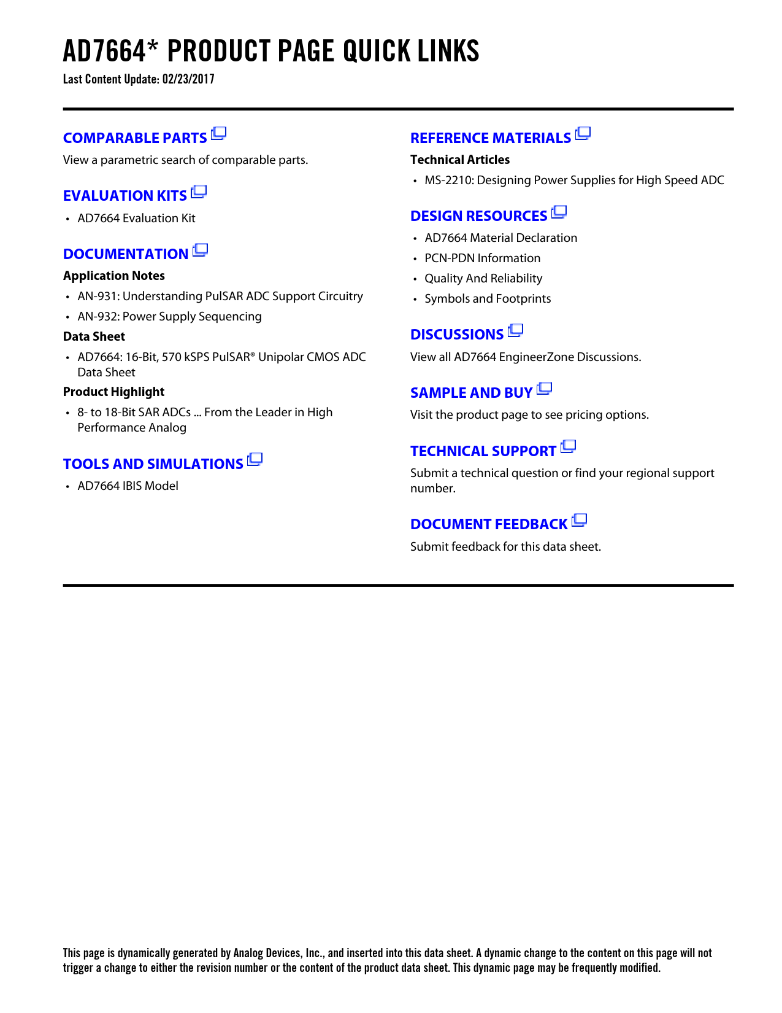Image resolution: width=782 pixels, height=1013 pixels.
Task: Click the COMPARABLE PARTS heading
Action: tap(135, 138)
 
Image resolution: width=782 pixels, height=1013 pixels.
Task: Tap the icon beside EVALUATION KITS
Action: tap(199, 192)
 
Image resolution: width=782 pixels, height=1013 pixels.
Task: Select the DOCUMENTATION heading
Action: tap(126, 254)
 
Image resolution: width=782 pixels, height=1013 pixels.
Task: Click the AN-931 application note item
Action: tap(220, 297)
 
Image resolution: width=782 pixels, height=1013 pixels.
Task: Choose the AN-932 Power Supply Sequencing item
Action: tap(169, 317)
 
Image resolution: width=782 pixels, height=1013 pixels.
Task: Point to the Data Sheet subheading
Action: tap(94, 336)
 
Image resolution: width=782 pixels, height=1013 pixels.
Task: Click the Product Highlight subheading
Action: tap(113, 392)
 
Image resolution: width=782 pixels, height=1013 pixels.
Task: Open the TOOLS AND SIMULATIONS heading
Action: tap(153, 464)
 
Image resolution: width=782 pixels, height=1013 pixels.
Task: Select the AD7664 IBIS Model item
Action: tap(128, 486)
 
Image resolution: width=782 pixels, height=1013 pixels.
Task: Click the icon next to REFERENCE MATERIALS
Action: tap(583, 133)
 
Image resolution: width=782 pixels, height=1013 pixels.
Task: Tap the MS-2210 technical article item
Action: tap(574, 180)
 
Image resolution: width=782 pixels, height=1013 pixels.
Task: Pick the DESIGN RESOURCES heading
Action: tap(479, 216)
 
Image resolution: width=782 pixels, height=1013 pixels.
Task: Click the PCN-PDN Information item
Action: tap(482, 258)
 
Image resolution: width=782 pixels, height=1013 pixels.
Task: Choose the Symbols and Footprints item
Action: tap(488, 299)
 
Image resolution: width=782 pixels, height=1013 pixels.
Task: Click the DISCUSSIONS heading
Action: tap(457, 335)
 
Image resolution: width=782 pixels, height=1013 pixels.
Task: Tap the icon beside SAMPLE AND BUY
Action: tap(545, 389)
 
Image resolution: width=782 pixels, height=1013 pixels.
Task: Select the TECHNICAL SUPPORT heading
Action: tap(483, 451)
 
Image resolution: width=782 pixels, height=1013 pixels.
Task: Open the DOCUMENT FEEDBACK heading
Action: tap(489, 524)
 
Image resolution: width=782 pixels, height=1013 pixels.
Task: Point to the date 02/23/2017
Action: tap(188, 79)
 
